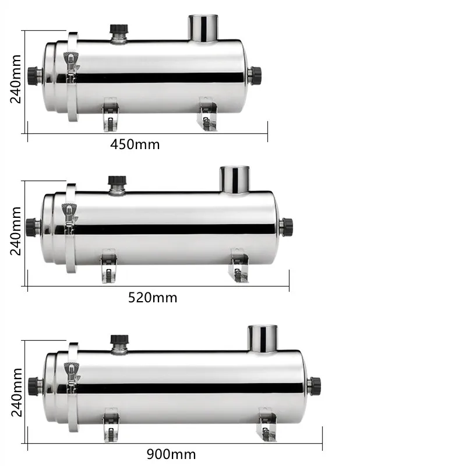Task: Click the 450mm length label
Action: pyautogui.click(x=135, y=144)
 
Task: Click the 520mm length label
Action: pyautogui.click(x=152, y=298)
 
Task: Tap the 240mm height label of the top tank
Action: pyautogui.click(x=15, y=79)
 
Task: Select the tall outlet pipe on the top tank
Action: pyautogui.click(x=202, y=28)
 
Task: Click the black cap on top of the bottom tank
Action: pyautogui.click(x=119, y=340)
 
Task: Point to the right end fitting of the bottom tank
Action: pyautogui.click(x=315, y=384)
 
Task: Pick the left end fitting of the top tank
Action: pyautogui.click(x=36, y=75)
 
